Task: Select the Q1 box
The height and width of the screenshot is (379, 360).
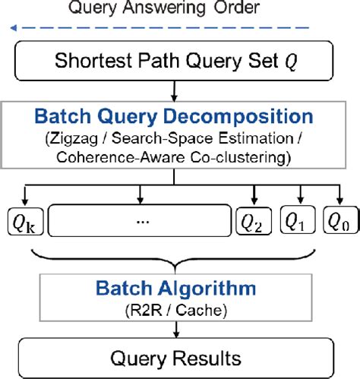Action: click(x=298, y=221)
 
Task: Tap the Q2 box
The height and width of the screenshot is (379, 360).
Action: click(x=254, y=222)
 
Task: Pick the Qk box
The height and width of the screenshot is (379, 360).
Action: click(x=21, y=222)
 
